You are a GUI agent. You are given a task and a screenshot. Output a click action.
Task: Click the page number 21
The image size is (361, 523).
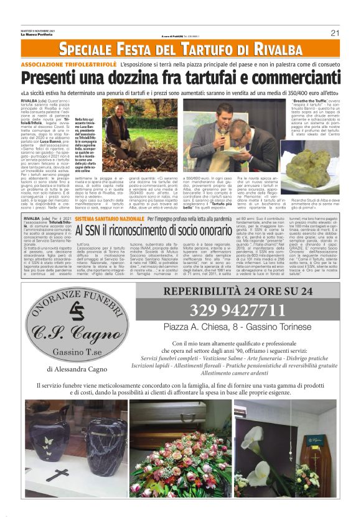click(334, 33)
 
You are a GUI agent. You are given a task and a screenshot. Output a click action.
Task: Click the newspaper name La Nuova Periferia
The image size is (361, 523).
click(37, 35)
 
